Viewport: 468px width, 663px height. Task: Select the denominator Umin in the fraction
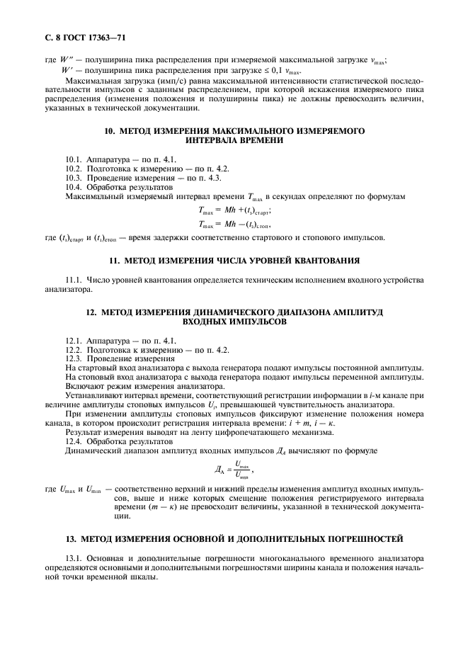[241, 477]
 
